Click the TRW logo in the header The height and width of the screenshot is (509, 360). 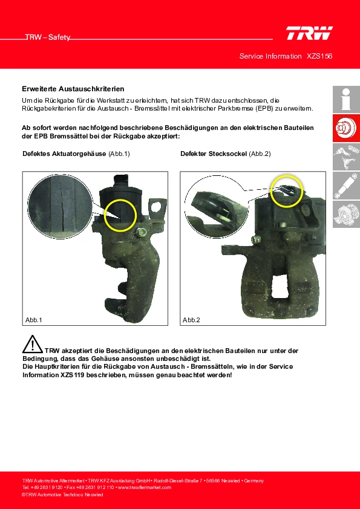[x=309, y=33]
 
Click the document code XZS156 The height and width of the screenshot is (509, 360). [x=319, y=56]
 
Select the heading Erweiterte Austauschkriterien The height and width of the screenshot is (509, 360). [x=73, y=89]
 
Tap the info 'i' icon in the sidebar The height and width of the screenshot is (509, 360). [x=346, y=99]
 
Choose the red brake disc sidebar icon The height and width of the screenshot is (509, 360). [x=346, y=128]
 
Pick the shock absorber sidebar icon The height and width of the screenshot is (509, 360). [x=346, y=186]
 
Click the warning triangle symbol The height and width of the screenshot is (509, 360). [x=32, y=344]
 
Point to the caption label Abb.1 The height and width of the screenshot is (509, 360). [x=34, y=320]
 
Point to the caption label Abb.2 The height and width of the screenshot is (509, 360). [x=191, y=320]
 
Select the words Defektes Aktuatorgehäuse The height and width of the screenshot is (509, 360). [x=64, y=154]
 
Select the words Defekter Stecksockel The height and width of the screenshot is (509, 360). [x=214, y=154]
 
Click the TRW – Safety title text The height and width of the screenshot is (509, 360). [x=48, y=37]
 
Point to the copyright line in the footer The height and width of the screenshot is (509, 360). [x=62, y=494]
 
